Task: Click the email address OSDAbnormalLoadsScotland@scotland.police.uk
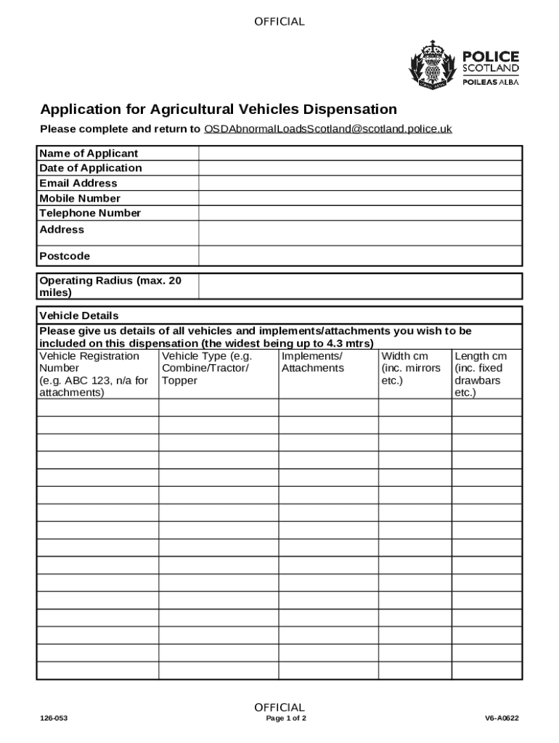point(327,129)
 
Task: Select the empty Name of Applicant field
point(360,153)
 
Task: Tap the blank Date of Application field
point(360,168)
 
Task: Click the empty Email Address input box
point(360,184)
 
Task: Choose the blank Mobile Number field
point(360,198)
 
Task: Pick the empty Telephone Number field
point(360,213)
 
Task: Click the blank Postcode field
point(360,256)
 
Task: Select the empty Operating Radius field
point(360,286)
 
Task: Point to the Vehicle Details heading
point(78,316)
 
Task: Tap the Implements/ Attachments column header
point(312,362)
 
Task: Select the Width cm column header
point(410,368)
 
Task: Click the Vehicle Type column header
point(206,368)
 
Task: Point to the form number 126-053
point(54,719)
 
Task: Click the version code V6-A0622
point(502,719)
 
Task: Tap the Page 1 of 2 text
point(286,719)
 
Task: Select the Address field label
point(62,230)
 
